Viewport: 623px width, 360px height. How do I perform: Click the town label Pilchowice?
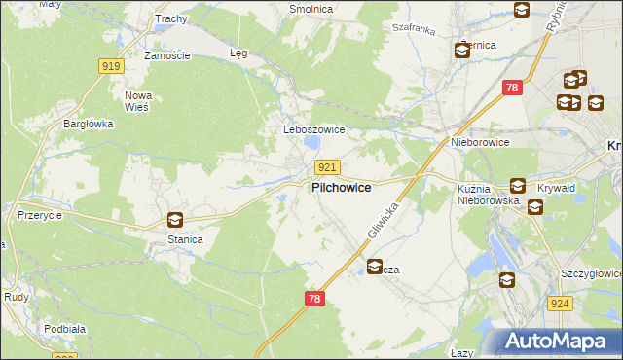click(x=340, y=188)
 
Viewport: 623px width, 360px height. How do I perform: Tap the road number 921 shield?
click(x=327, y=167)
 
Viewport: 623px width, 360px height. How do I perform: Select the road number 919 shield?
click(x=110, y=66)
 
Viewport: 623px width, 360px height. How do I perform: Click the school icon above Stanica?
click(x=174, y=221)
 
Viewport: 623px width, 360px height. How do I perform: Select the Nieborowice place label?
click(x=480, y=142)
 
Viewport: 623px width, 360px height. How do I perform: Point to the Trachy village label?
click(x=170, y=18)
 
